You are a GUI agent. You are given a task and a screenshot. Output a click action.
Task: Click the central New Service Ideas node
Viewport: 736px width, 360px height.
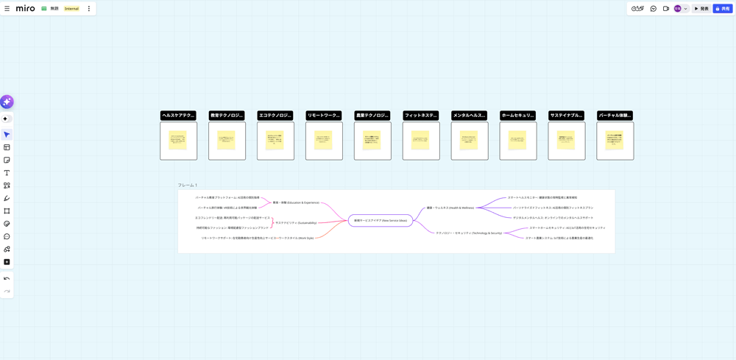pyautogui.click(x=380, y=220)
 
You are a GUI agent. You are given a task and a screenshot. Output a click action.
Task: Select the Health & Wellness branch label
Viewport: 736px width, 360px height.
pyautogui.click(x=450, y=208)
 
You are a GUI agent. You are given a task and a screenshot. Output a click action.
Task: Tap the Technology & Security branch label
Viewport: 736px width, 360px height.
pyautogui.click(x=469, y=233)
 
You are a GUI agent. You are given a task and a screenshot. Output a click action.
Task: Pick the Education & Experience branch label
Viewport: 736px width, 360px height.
pyautogui.click(x=296, y=202)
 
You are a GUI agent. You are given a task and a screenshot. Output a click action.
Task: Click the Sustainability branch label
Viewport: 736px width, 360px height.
pyautogui.click(x=296, y=222)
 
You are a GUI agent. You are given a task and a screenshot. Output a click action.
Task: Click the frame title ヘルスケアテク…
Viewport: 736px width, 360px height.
pyautogui.click(x=178, y=116)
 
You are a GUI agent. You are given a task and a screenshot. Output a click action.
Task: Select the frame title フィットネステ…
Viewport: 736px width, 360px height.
pyautogui.click(x=421, y=116)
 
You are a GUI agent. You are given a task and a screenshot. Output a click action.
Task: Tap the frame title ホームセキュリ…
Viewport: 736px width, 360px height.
pyautogui.click(x=518, y=116)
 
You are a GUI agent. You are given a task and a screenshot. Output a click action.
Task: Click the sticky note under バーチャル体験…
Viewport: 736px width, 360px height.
pyautogui.click(x=615, y=141)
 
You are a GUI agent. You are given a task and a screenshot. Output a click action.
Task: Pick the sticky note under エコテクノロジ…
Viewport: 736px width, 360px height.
pyautogui.click(x=275, y=141)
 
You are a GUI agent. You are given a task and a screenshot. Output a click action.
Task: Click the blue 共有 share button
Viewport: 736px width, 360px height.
pyautogui.click(x=723, y=9)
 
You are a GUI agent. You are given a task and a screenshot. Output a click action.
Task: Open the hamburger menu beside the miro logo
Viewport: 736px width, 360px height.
pyautogui.click(x=7, y=9)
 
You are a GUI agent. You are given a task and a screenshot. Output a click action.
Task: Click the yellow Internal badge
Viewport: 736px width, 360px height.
pyautogui.click(x=71, y=9)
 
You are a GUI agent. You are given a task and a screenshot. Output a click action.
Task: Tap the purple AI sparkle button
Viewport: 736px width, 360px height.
pyautogui.click(x=7, y=102)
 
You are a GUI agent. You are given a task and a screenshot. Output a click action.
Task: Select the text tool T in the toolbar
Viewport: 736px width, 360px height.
pyautogui.click(x=7, y=173)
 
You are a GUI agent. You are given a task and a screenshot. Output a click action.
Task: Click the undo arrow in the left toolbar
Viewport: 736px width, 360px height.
pyautogui.click(x=7, y=278)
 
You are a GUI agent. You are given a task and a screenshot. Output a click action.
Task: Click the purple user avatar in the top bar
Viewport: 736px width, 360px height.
pyautogui.click(x=678, y=9)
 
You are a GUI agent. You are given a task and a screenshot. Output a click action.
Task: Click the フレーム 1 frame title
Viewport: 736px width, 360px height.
pyautogui.click(x=188, y=186)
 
